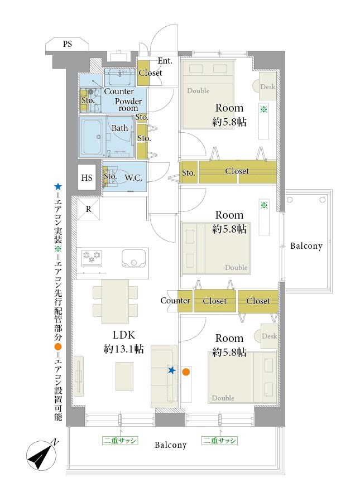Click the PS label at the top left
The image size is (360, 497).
(x=67, y=44)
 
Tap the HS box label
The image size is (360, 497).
(x=87, y=177)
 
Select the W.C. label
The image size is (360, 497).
(x=133, y=178)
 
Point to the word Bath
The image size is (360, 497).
(x=119, y=128)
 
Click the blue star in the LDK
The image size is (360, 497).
(x=171, y=370)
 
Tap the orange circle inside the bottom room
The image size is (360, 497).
(x=186, y=372)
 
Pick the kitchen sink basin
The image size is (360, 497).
(x=134, y=258)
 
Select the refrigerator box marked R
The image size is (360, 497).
(x=89, y=209)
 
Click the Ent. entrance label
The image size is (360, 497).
(x=165, y=61)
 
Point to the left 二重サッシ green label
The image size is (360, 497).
(x=120, y=440)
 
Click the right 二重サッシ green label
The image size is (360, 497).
(x=219, y=440)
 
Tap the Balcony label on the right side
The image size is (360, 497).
(x=306, y=246)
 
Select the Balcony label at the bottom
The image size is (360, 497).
(x=170, y=445)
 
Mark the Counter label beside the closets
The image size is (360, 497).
(x=175, y=301)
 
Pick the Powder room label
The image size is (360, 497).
(x=128, y=105)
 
